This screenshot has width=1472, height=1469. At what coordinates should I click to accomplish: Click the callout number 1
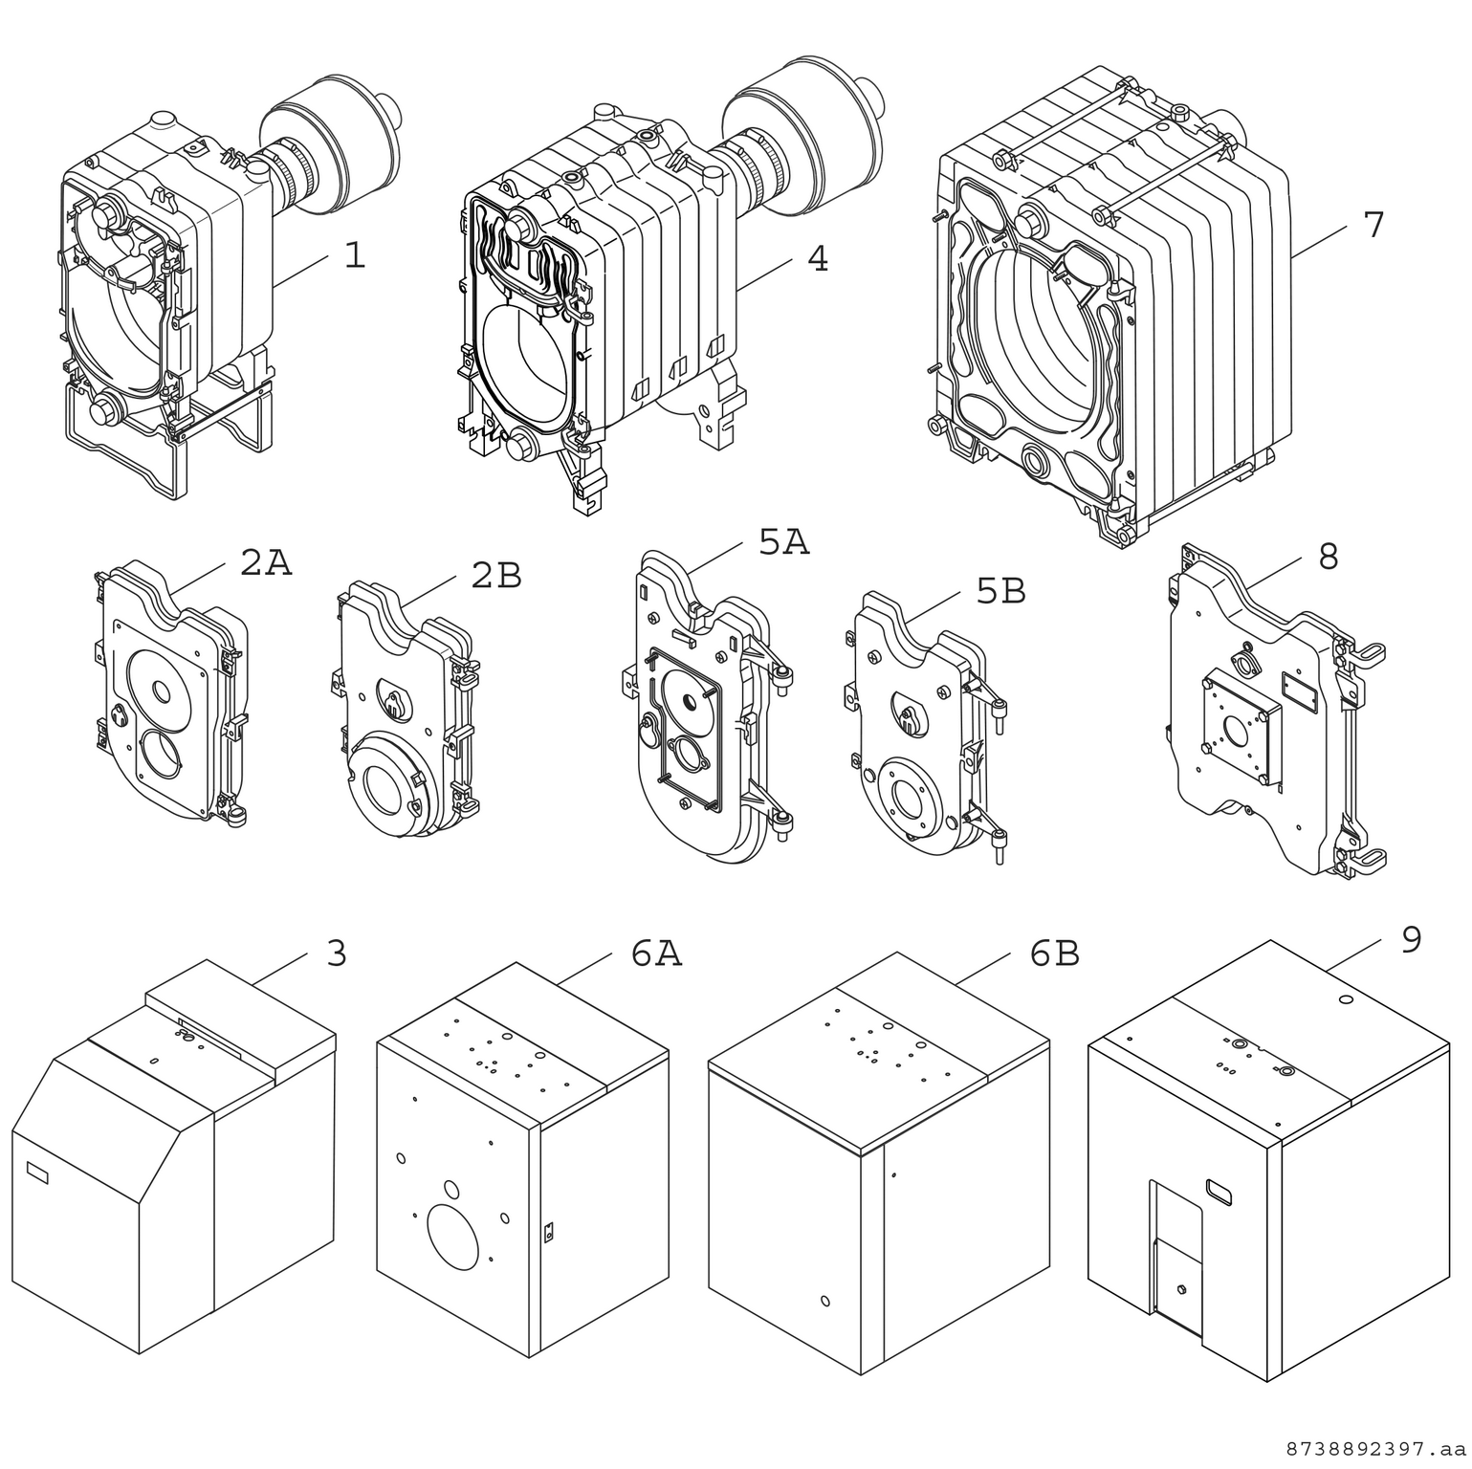click(354, 255)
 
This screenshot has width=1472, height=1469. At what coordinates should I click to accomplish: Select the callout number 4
click(817, 258)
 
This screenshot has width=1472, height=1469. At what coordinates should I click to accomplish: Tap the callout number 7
click(1373, 225)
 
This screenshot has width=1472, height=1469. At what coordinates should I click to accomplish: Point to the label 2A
click(265, 563)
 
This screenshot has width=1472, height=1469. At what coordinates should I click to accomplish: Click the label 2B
click(496, 575)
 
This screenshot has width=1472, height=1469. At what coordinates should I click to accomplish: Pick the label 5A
click(783, 542)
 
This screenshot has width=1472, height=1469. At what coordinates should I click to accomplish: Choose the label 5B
click(1000, 592)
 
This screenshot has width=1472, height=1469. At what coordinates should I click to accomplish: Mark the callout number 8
click(1328, 557)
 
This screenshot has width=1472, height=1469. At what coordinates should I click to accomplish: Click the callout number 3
click(336, 954)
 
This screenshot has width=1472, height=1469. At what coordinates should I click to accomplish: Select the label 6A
click(656, 954)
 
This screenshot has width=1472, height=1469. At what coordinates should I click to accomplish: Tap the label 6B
click(1054, 954)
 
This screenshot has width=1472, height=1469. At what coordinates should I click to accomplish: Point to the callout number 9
click(1411, 939)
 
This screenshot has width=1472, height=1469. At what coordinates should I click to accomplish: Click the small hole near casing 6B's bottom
click(825, 1302)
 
